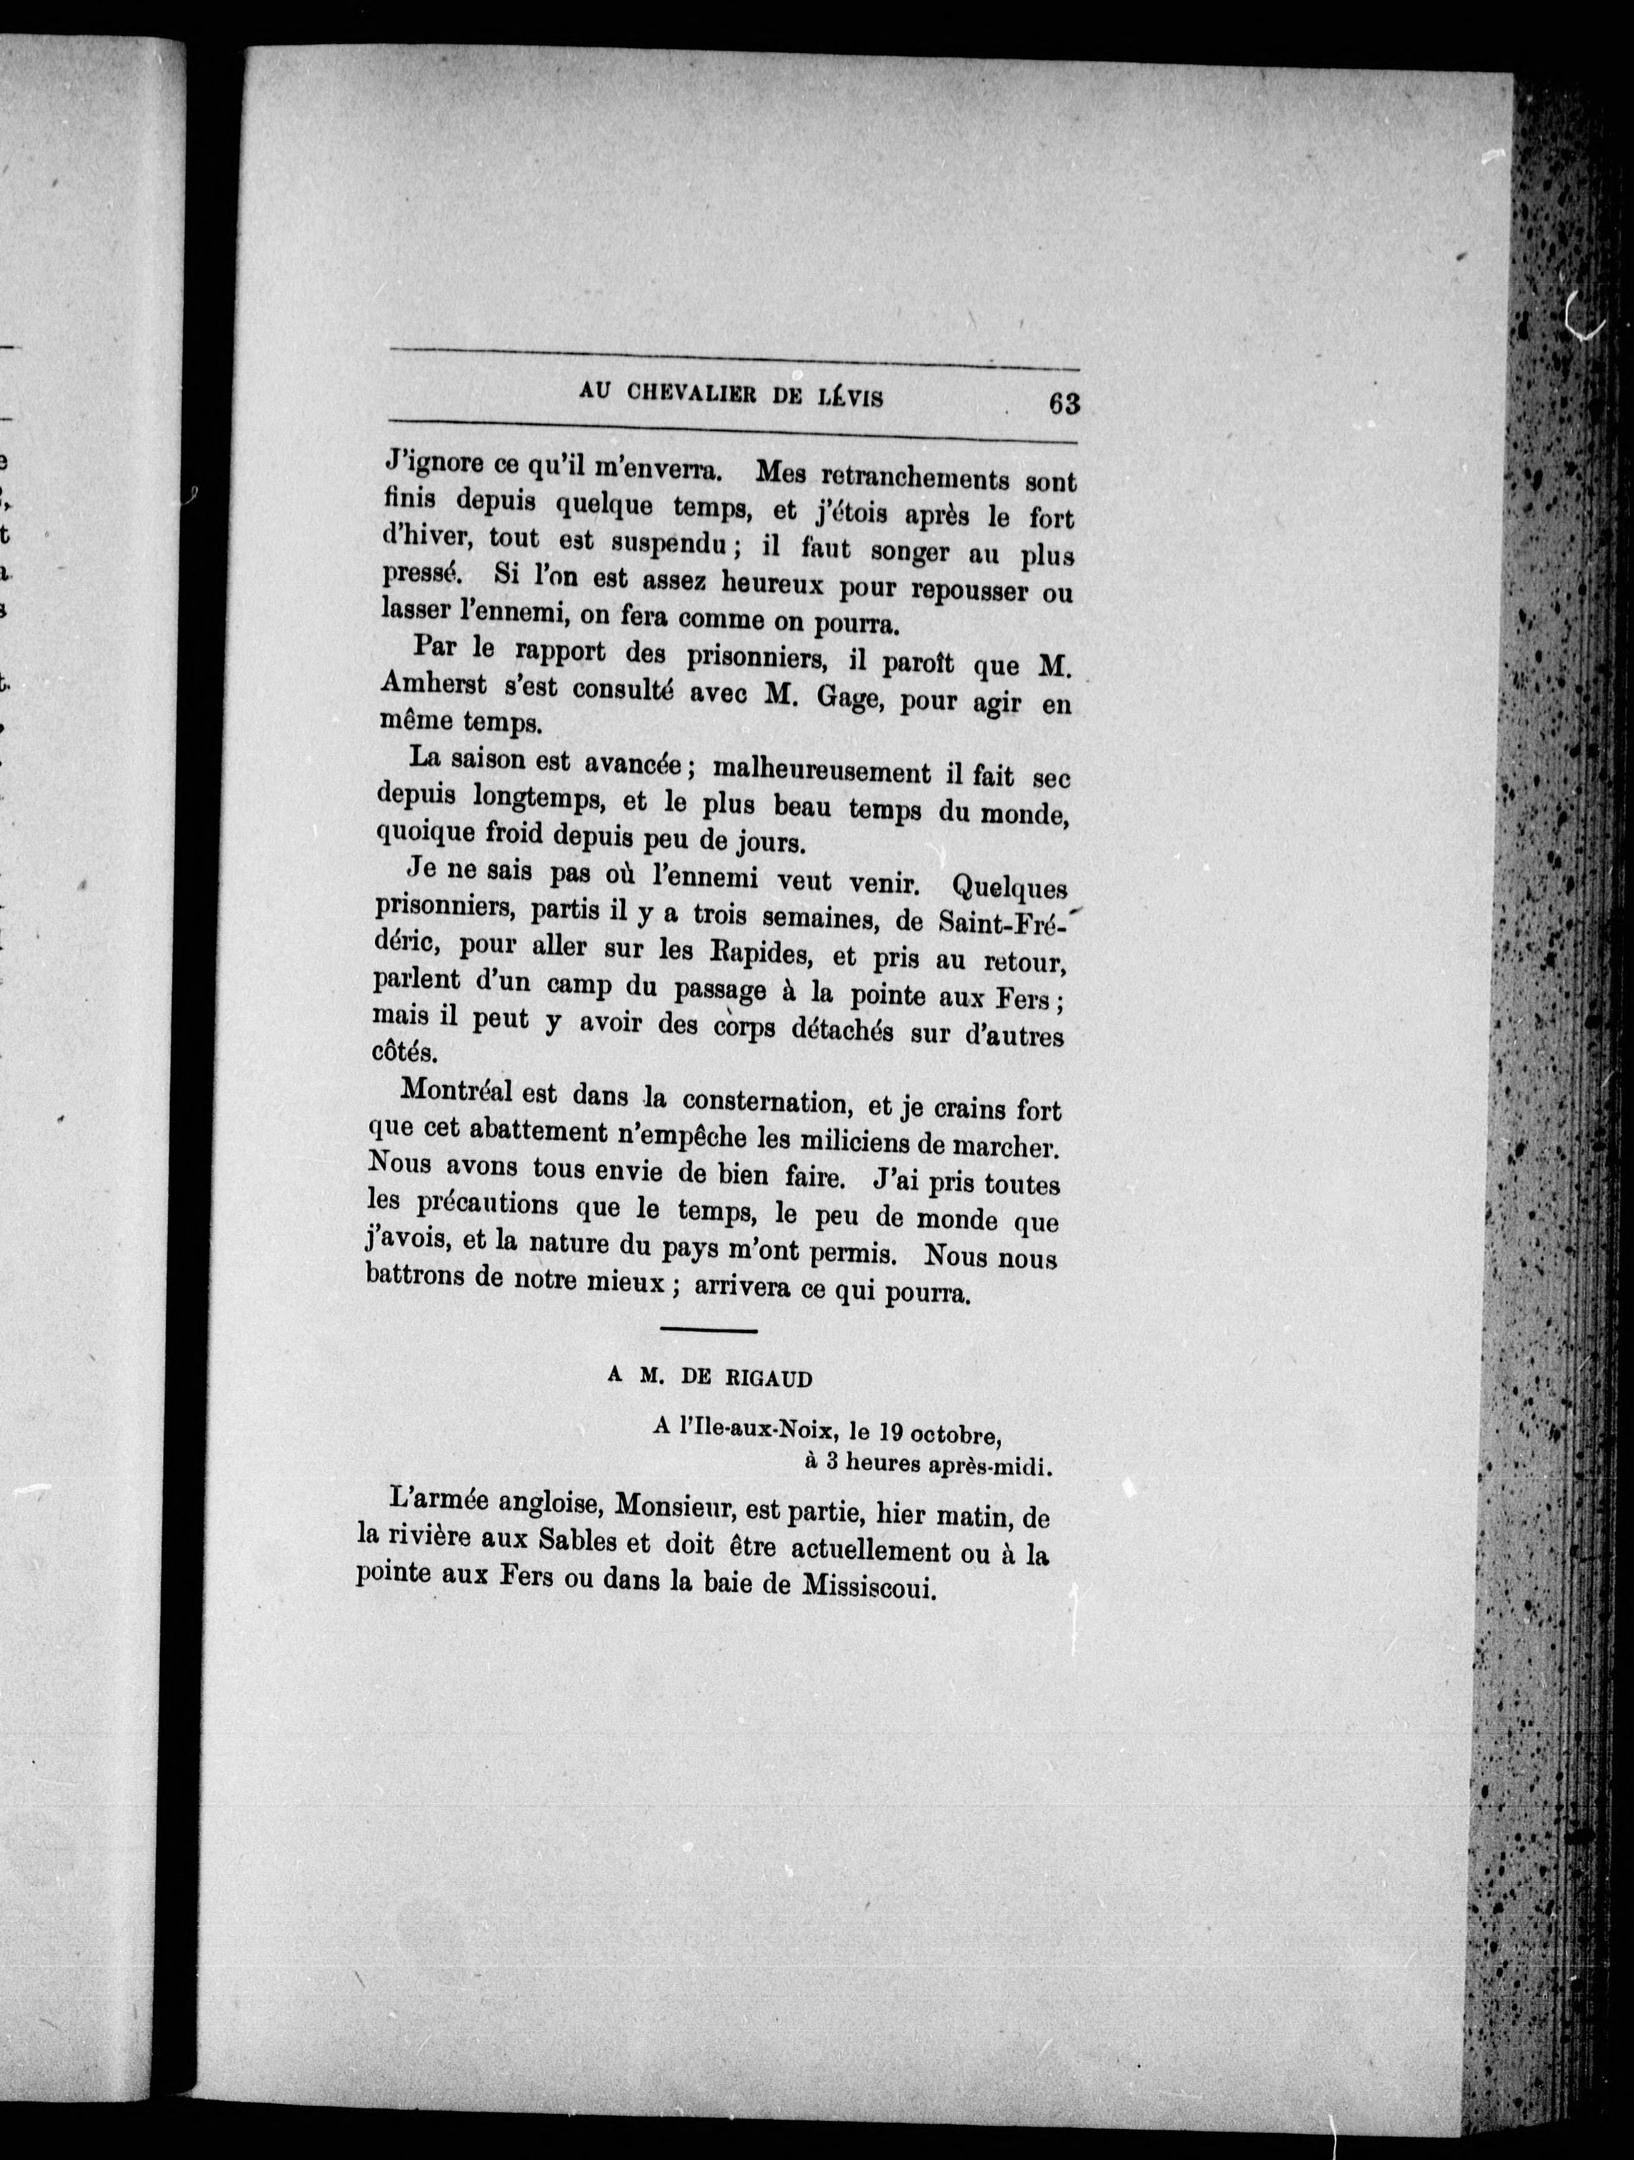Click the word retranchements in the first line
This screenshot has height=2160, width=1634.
coord(908,478)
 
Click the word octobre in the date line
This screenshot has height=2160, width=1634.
coord(964,1436)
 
